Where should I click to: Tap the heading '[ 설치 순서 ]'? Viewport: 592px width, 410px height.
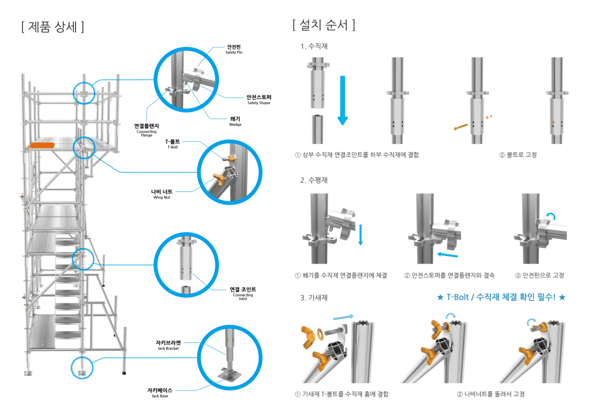click(324, 25)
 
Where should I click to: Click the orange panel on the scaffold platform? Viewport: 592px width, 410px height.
click(42, 145)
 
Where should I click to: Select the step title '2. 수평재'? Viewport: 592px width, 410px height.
click(314, 180)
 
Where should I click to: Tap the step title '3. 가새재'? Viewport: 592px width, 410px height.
click(314, 298)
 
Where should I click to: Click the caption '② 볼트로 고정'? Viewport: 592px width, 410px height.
click(518, 154)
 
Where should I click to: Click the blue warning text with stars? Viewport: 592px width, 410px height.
click(501, 297)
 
